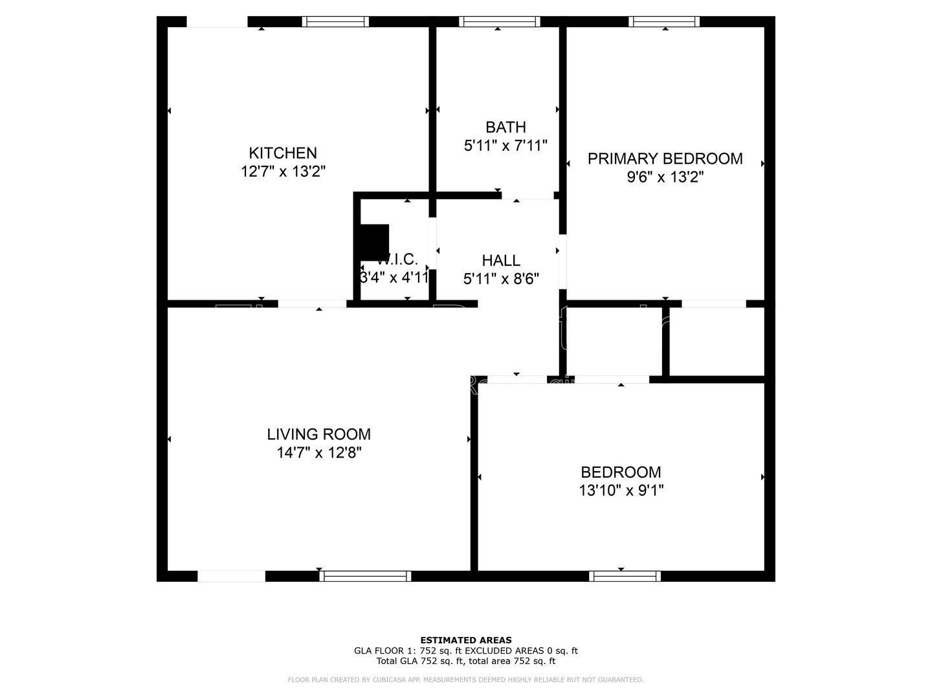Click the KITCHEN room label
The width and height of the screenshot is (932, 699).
point(283,153)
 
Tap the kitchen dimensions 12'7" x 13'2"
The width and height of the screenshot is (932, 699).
point(283,172)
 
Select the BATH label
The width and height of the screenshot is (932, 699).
point(505,127)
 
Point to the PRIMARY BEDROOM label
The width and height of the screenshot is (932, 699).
point(665,159)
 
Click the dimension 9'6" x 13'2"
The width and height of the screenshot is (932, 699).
point(665,177)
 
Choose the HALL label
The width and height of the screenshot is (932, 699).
point(501,260)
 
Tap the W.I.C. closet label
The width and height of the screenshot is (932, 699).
point(397,260)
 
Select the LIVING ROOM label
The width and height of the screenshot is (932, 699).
point(319,434)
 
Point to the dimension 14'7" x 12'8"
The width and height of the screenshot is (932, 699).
point(319,452)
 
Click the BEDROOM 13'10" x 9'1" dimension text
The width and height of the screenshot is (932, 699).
point(621,491)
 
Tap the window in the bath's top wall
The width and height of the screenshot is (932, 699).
point(500,21)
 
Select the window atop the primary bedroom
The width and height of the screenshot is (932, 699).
point(665,21)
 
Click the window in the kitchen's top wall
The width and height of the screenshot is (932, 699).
point(335,21)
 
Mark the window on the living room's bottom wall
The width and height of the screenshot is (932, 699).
point(364,576)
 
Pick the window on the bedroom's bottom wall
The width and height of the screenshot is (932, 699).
point(625,576)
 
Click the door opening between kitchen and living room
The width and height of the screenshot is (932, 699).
point(313,304)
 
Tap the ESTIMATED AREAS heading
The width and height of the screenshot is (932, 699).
point(466,640)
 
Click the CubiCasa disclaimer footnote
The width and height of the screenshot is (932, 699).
point(466,680)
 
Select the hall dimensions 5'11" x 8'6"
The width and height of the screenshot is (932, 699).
point(501,278)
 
